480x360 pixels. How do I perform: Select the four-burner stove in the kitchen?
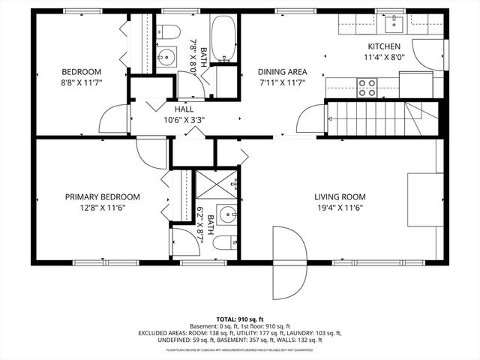(x=367, y=88)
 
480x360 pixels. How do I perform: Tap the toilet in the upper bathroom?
(x=169, y=32)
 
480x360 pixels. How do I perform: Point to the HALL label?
(x=184, y=108)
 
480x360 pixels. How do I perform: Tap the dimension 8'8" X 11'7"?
(x=82, y=85)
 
